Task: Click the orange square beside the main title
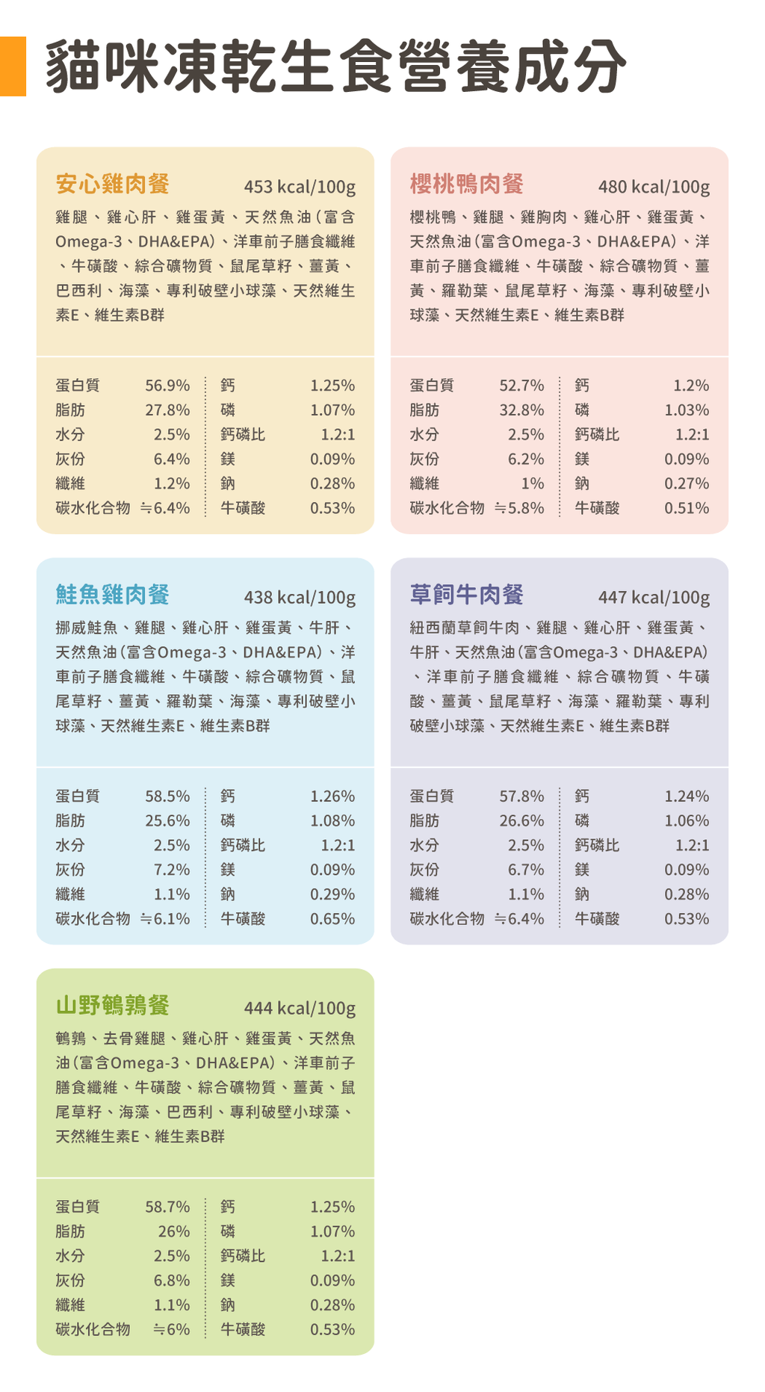[x=13, y=66]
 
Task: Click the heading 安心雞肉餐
[x=113, y=184]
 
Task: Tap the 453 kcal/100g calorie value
[x=300, y=187]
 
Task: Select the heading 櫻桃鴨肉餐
[x=467, y=184]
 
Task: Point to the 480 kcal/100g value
[x=654, y=187]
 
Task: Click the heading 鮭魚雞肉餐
[x=113, y=595]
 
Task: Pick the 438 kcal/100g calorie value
[x=300, y=598]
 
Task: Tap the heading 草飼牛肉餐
[x=467, y=595]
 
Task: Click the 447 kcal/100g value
[x=654, y=598]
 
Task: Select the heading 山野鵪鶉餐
[x=113, y=1006]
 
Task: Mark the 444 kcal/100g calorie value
[x=300, y=1009]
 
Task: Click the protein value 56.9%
[x=167, y=386]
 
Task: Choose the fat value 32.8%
[x=521, y=410]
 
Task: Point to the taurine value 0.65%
[x=332, y=919]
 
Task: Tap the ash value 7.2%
[x=172, y=870]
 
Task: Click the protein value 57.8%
[x=521, y=796]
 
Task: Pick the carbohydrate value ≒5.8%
[x=519, y=508]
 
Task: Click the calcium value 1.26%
[x=332, y=796]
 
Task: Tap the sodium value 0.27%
[x=687, y=483]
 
